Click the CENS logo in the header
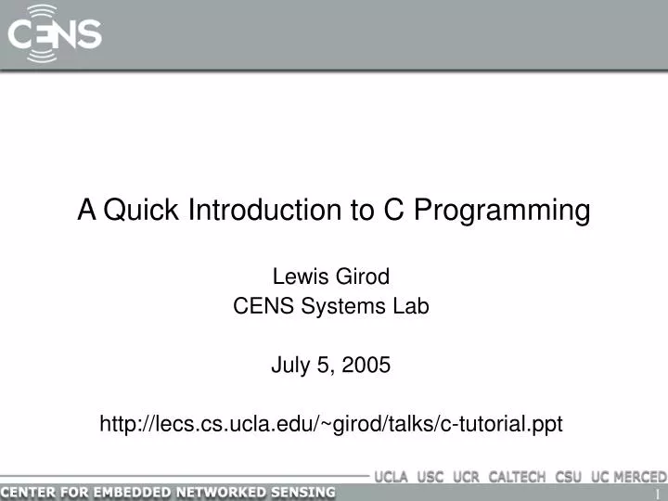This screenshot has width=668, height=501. click(55, 33)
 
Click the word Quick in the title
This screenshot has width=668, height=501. click(143, 211)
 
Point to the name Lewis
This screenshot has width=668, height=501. click(295, 276)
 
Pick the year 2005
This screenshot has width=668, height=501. click(366, 366)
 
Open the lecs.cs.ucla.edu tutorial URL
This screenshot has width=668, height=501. click(331, 424)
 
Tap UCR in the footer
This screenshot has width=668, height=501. click(468, 477)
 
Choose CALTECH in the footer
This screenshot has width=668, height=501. click(519, 477)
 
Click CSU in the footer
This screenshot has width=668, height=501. click(570, 477)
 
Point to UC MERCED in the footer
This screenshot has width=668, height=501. click(627, 477)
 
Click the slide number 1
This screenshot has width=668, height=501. click(658, 493)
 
